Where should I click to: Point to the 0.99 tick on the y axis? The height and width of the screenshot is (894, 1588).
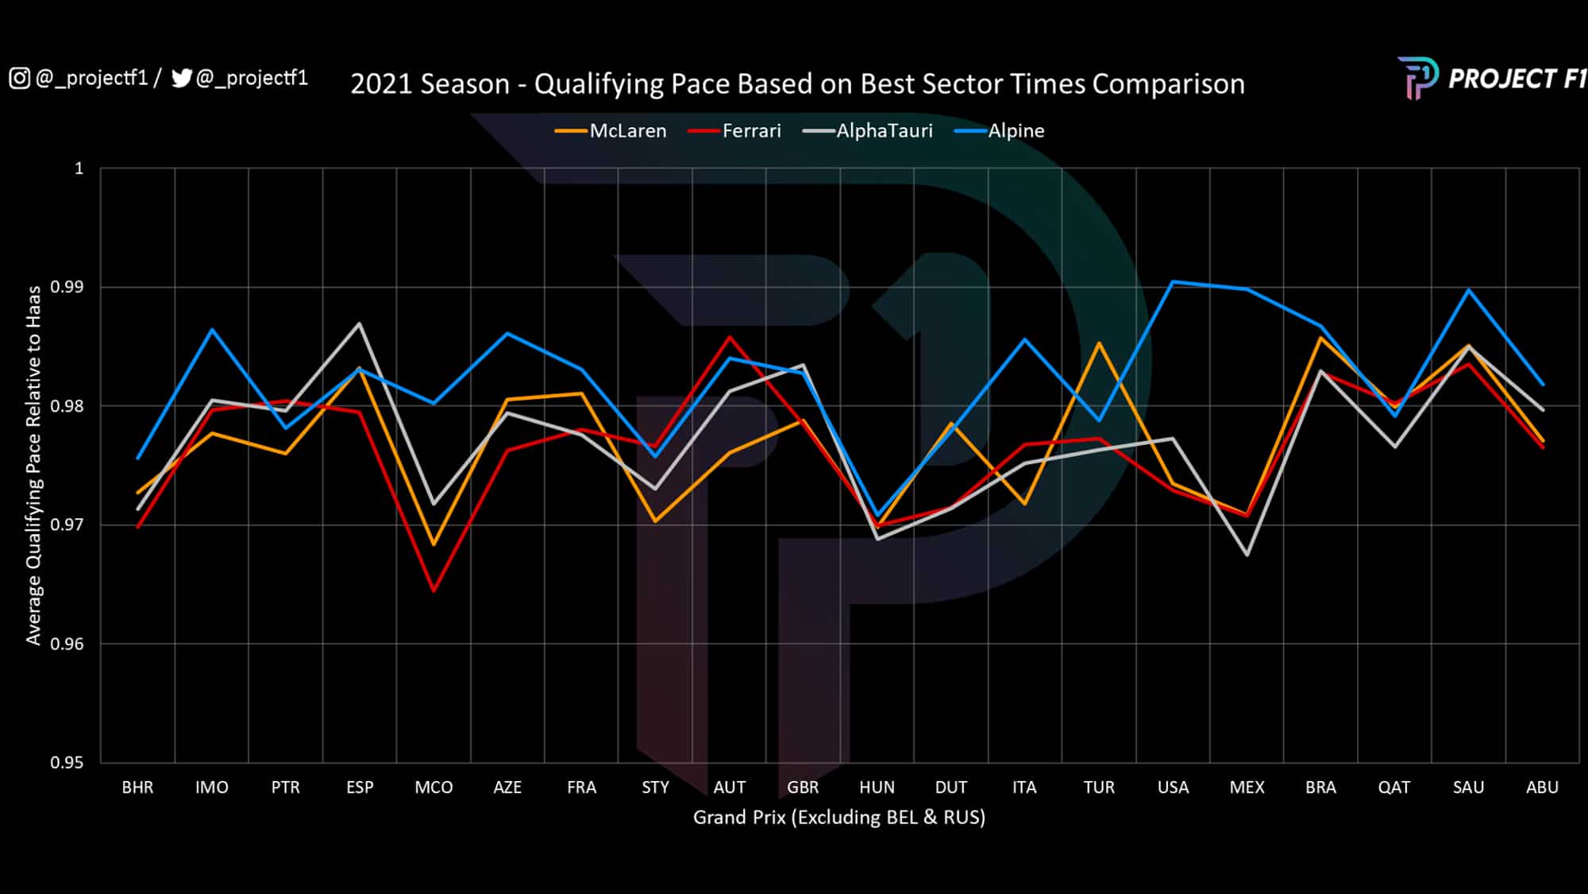pyautogui.click(x=67, y=287)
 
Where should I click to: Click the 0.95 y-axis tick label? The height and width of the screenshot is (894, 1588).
pyautogui.click(x=67, y=763)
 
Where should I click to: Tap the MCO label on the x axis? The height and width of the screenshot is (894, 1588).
pyautogui.click(x=434, y=788)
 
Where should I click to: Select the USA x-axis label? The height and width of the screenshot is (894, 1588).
pyautogui.click(x=1173, y=788)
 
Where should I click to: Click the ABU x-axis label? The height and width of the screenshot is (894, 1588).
pyautogui.click(x=1542, y=788)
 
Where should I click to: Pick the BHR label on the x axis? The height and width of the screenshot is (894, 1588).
pyautogui.click(x=137, y=788)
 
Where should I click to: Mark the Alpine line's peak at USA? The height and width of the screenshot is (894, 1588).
pyautogui.click(x=1173, y=281)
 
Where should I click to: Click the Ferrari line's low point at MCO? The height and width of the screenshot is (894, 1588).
pyautogui.click(x=434, y=590)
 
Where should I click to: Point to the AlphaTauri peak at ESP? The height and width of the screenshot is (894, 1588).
pyautogui.click(x=360, y=323)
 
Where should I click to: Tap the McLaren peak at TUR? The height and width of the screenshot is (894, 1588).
pyautogui.click(x=1099, y=343)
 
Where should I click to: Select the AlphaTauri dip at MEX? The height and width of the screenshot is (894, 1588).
pyautogui.click(x=1247, y=555)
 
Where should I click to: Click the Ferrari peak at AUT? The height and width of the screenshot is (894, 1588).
pyautogui.click(x=730, y=337)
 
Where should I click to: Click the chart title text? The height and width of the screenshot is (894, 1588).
pyautogui.click(x=797, y=84)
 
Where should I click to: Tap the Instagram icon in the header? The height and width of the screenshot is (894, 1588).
pyautogui.click(x=19, y=78)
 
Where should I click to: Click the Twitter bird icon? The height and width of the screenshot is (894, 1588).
pyautogui.click(x=182, y=78)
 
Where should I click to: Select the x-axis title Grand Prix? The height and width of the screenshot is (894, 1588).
pyautogui.click(x=838, y=818)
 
